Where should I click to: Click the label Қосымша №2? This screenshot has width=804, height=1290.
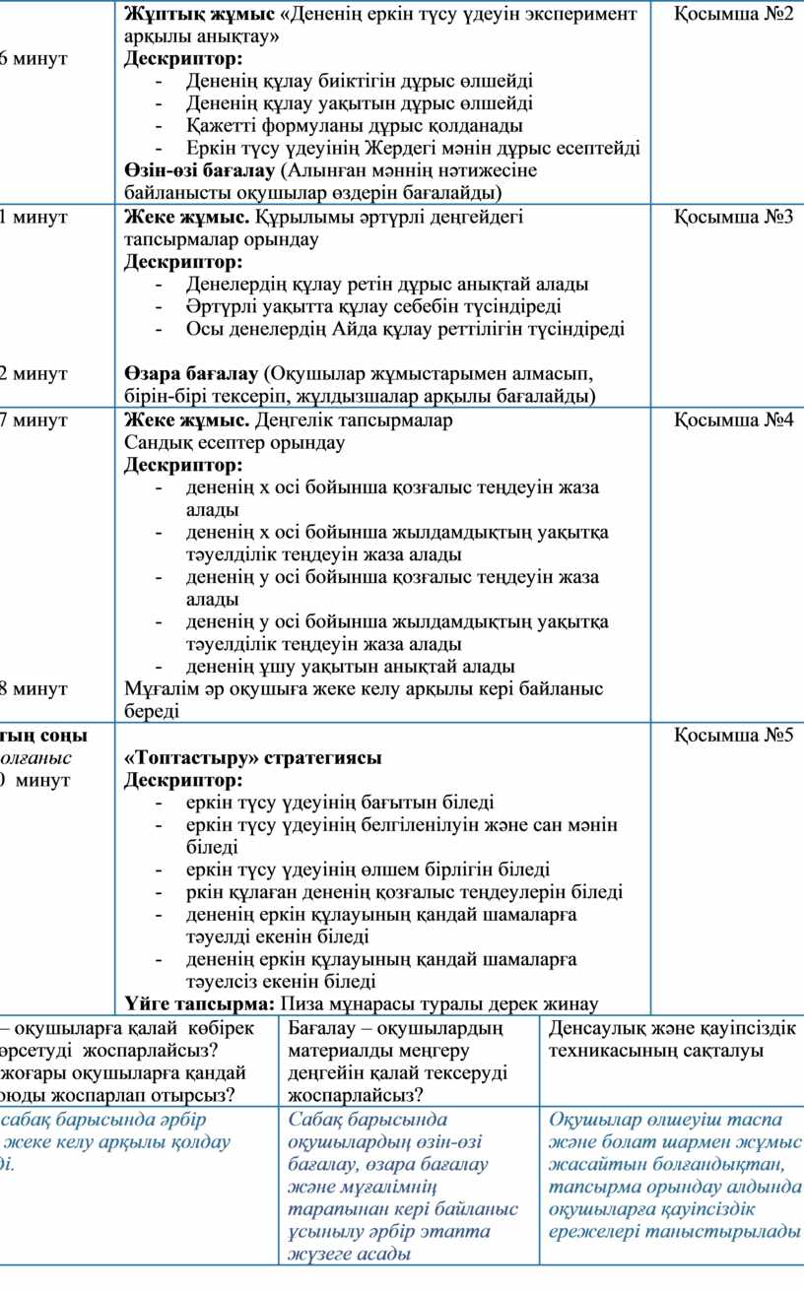pos(734,15)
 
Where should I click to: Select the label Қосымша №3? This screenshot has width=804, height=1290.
pos(734,217)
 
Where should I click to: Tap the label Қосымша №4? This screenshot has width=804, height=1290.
pos(734,420)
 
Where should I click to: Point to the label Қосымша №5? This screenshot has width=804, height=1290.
pos(734,736)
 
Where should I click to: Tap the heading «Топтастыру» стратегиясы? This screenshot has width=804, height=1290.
pos(252,758)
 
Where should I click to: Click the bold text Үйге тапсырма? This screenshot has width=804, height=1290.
pos(200,1004)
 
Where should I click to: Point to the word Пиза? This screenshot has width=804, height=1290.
pos(305,1004)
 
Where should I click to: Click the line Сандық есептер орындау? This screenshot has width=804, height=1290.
pos(234,442)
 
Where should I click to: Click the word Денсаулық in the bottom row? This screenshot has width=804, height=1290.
pos(591,1028)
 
